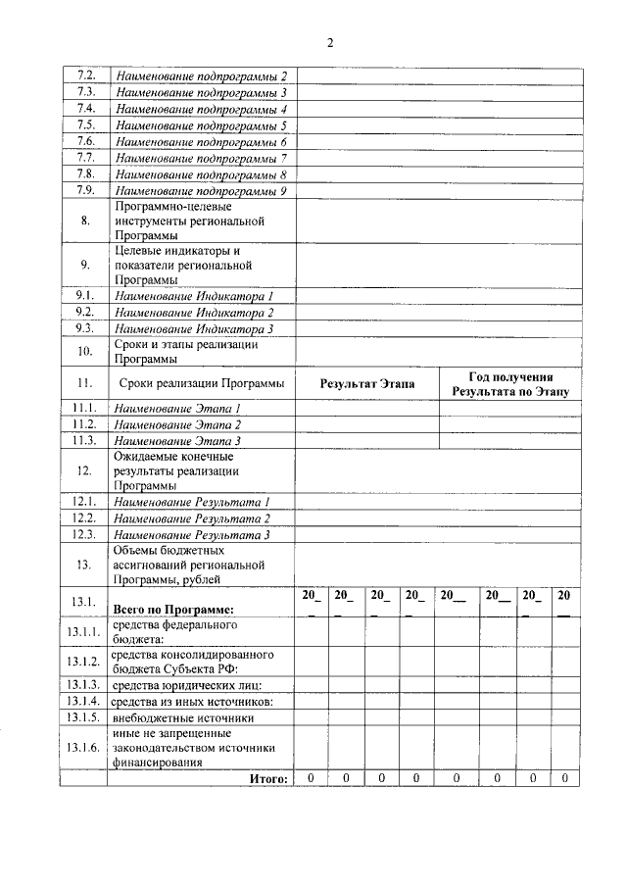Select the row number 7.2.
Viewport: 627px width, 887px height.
(84, 76)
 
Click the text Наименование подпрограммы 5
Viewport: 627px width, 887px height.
(201, 125)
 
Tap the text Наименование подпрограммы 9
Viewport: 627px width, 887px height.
(201, 191)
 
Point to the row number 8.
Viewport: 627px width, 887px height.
(84, 221)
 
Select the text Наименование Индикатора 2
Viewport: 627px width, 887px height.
(193, 312)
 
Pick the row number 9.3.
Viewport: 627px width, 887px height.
(84, 328)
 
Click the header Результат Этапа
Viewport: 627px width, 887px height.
(366, 383)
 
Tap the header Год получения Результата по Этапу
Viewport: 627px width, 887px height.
(509, 383)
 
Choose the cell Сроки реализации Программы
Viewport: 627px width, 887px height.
(201, 383)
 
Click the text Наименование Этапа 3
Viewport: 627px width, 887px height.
(177, 441)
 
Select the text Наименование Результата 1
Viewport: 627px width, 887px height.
(192, 502)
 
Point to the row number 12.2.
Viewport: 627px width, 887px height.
(84, 517)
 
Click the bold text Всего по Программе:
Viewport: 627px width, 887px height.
(173, 610)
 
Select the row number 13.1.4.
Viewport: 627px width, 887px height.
(84, 701)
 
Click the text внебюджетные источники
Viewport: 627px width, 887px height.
(175, 717)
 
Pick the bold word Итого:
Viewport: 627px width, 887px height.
(267, 778)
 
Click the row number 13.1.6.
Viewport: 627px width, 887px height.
(84, 748)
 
